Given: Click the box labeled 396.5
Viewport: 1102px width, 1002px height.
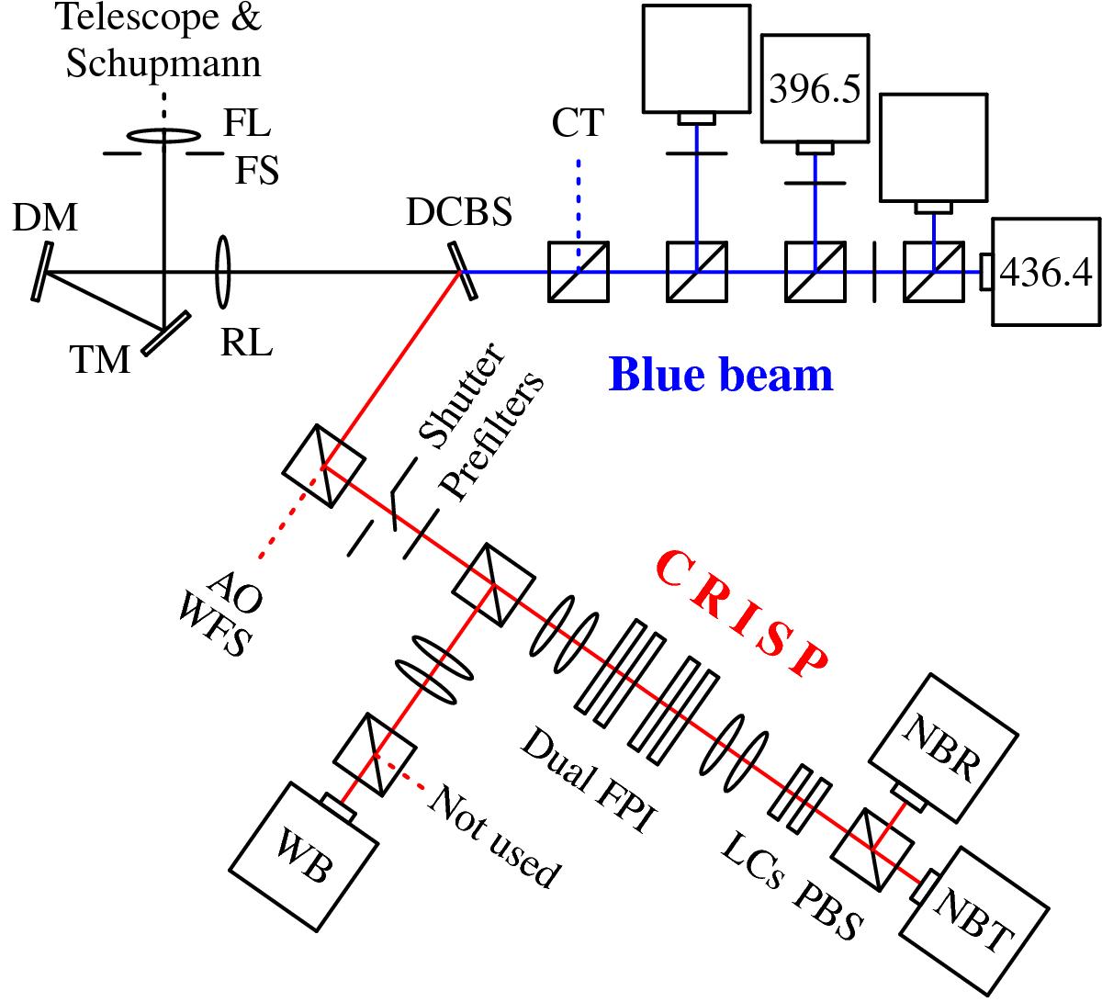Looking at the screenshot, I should point(814,89).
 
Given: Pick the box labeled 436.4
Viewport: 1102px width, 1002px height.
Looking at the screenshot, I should point(1047,272).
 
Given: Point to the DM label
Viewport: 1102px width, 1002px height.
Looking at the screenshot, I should point(45,220).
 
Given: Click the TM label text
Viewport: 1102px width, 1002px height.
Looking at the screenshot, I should point(100,359).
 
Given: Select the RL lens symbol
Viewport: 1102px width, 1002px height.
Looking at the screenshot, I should point(221,272).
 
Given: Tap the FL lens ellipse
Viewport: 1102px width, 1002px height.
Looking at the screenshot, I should point(164,136).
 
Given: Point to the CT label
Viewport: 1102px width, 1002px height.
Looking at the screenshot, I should point(578,121).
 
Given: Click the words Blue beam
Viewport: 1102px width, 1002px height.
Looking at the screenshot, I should point(721,375).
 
